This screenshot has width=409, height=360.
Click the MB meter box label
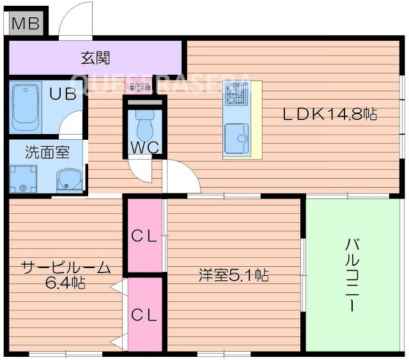click(x=26, y=24)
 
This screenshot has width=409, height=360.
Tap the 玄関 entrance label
click(x=95, y=58)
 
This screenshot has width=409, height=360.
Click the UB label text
click(x=63, y=93)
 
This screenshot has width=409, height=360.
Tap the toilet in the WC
click(x=144, y=125)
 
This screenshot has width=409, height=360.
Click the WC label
click(x=144, y=147)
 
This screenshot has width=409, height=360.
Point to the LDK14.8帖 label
click(x=330, y=115)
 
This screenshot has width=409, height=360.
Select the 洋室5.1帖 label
click(x=233, y=276)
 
